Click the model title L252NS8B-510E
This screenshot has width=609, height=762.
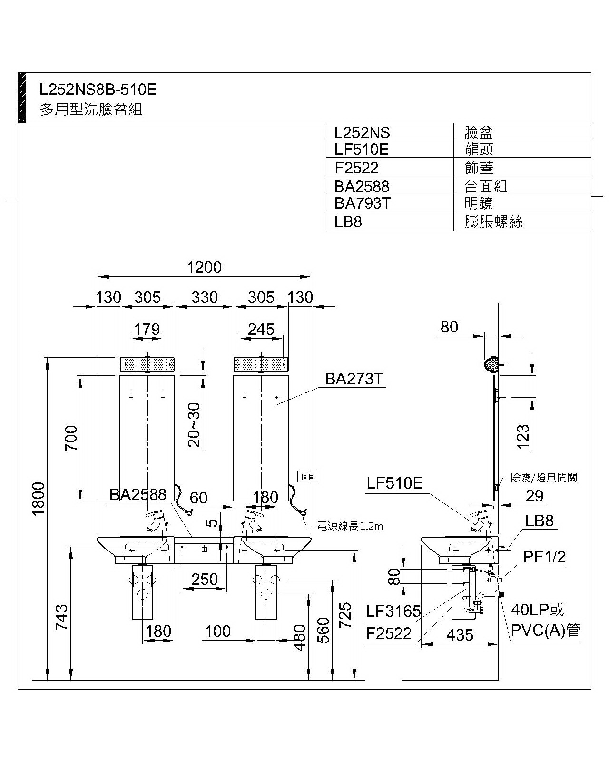coord(98,89)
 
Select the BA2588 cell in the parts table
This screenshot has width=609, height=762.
coord(362,186)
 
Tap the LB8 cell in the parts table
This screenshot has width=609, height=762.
coord(348,222)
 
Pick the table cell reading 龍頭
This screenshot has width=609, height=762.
coord(479,150)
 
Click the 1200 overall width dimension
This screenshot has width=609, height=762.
coord(204,268)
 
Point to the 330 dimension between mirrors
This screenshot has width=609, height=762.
coord(205,298)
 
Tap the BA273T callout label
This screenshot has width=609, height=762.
coord(354,379)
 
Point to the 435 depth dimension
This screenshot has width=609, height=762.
coord(460,635)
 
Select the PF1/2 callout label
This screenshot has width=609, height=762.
coord(545,557)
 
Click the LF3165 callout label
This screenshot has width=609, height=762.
coord(393,611)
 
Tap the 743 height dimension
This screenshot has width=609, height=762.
coord(62,617)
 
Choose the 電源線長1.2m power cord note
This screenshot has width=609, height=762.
coord(350,526)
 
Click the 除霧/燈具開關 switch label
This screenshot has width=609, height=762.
coord(543,477)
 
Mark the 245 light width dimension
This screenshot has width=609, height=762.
coord(261,329)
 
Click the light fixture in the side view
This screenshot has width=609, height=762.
coord(491,365)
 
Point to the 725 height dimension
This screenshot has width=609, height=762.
coord(346,615)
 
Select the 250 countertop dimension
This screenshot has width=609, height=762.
coord(205,579)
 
